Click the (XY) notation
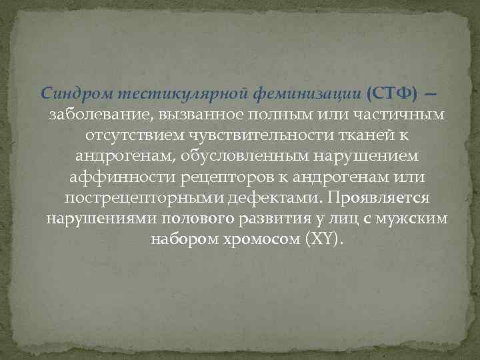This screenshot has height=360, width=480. pyautogui.click(x=325, y=239)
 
